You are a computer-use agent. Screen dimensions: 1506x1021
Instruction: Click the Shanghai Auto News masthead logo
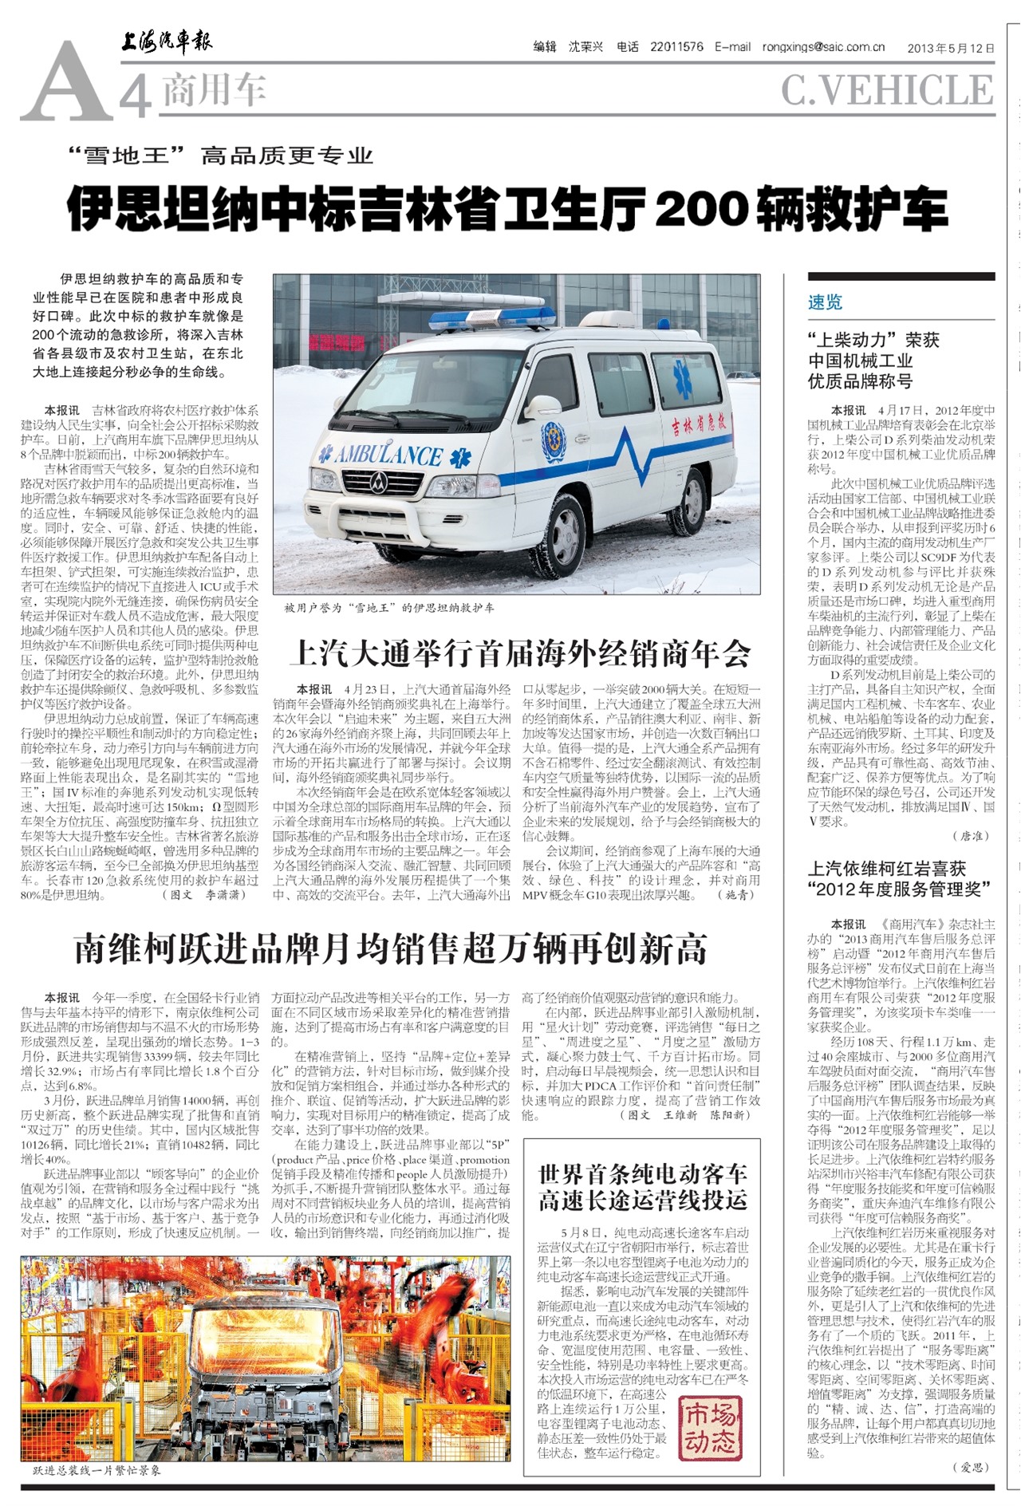click(x=167, y=41)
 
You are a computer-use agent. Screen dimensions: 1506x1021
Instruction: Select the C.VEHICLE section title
click(x=887, y=89)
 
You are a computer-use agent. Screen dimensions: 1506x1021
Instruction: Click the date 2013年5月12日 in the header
click(x=951, y=48)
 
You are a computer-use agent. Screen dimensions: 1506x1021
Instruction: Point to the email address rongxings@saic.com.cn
click(x=823, y=47)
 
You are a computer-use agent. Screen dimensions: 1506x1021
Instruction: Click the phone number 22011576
click(x=676, y=47)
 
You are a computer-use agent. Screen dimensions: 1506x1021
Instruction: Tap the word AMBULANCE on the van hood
click(x=388, y=455)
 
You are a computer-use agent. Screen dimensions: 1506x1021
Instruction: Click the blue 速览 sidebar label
click(x=825, y=302)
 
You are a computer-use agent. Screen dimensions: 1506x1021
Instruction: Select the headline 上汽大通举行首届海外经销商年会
click(x=520, y=653)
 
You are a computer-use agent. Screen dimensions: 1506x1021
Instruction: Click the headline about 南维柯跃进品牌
click(x=391, y=948)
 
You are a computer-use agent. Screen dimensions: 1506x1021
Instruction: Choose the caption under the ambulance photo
click(x=389, y=607)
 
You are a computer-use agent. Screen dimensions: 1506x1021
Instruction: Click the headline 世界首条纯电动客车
click(x=642, y=1186)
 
